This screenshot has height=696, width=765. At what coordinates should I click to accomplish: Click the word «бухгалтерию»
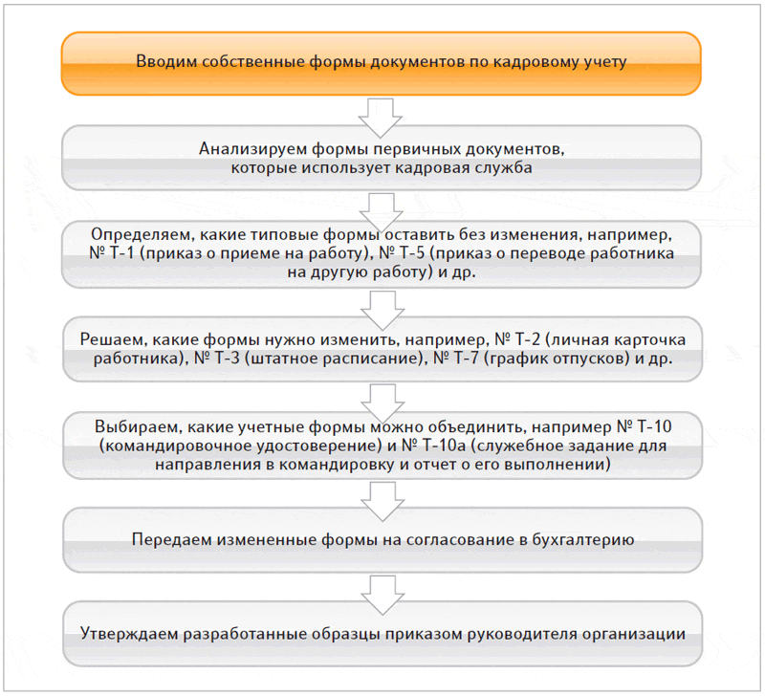[x=582, y=539]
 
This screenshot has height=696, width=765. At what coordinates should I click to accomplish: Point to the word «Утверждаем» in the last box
[x=128, y=633]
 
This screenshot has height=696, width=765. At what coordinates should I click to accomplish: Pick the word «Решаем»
[x=114, y=341]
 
